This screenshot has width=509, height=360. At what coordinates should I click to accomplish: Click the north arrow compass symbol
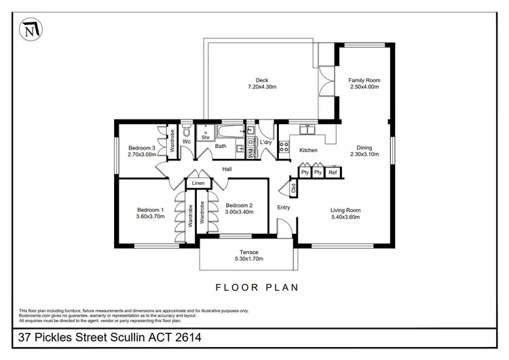(29, 31)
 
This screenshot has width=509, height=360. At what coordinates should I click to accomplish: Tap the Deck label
(262, 80)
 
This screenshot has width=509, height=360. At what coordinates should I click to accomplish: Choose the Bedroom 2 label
(239, 206)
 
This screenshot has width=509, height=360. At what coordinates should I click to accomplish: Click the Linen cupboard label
(197, 183)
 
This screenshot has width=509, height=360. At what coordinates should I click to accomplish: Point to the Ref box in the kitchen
(333, 173)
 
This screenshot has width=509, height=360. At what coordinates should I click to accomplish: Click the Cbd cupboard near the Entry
(293, 187)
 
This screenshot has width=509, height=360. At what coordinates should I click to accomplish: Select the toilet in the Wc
(186, 131)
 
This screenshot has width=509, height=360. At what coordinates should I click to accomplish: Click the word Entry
(283, 208)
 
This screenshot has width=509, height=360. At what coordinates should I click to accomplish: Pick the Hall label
(227, 169)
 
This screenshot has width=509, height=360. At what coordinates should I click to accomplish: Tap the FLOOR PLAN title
(257, 287)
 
